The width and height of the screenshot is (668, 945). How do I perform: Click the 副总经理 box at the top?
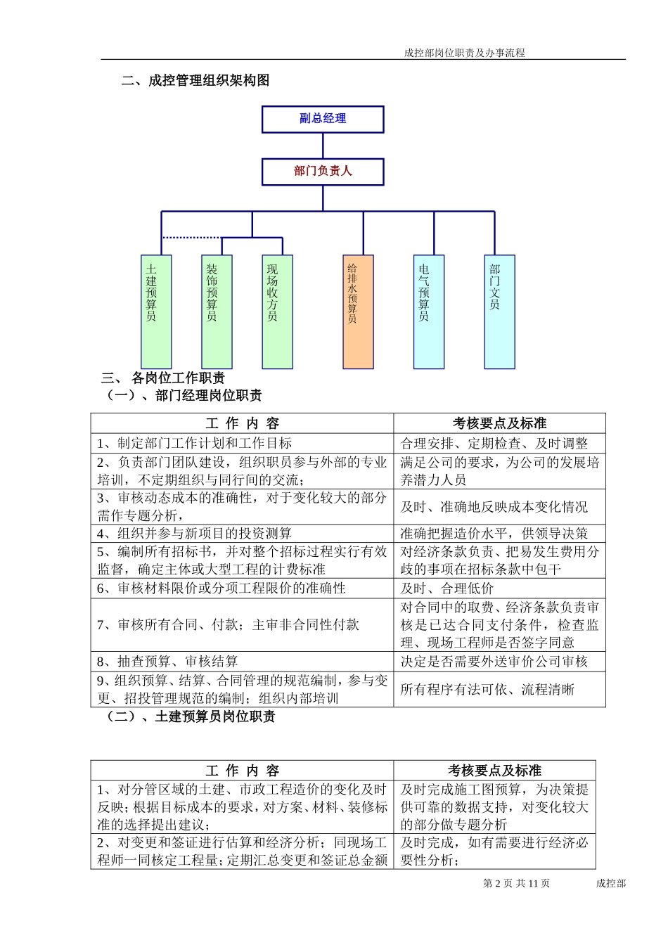click(323, 119)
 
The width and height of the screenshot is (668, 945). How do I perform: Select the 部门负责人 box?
click(323, 171)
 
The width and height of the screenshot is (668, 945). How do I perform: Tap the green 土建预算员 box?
click(156, 311)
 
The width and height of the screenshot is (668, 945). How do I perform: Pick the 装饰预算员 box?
click(217, 311)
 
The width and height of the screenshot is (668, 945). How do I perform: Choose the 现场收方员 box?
click(277, 311)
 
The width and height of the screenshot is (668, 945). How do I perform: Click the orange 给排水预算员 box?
click(358, 311)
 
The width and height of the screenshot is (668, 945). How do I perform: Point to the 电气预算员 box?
click(429, 311)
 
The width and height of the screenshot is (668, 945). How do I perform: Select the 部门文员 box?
click(500, 311)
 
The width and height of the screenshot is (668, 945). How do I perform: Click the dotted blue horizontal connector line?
click(191, 238)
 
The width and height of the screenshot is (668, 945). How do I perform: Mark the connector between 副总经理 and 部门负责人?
click(323, 146)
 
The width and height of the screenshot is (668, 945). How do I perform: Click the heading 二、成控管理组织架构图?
click(195, 81)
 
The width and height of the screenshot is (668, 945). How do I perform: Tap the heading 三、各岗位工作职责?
click(163, 378)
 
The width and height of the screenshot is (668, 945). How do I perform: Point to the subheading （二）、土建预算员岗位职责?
click(189, 716)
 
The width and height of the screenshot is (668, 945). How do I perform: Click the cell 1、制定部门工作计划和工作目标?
click(195, 443)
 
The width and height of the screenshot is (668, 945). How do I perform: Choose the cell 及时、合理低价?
click(447, 589)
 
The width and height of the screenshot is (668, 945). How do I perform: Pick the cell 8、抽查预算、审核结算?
click(168, 662)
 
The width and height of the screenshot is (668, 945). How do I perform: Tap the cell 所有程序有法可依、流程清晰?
click(487, 690)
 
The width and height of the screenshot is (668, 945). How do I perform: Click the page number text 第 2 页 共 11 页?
click(516, 884)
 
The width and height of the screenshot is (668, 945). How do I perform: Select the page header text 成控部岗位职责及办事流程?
click(464, 53)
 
